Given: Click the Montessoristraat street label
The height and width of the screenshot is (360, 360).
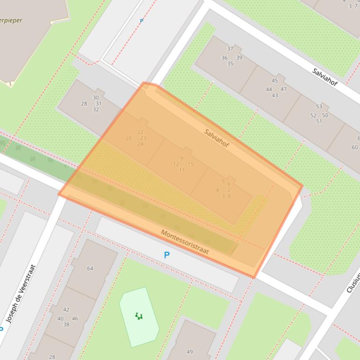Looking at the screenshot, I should click(x=184, y=242).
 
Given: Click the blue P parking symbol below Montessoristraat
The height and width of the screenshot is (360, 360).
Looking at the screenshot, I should click(x=166, y=255).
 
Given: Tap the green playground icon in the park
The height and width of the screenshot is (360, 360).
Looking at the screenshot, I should click(x=139, y=316).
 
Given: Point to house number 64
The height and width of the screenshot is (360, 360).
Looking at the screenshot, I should click(x=90, y=268).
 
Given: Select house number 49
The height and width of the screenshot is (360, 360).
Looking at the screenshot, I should click(x=190, y=352).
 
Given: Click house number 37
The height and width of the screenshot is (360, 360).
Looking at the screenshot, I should click(x=230, y=49).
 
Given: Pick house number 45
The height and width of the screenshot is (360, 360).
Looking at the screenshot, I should click(x=274, y=81).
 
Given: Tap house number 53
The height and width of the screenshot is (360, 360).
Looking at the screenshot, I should click(x=319, y=107).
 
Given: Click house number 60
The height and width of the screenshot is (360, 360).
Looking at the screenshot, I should click(x=354, y=147).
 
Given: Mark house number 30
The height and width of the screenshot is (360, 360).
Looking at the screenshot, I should click(x=96, y=98).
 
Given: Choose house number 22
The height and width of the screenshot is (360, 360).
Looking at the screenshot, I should click(x=140, y=132).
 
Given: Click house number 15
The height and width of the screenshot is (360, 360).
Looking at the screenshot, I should click(x=191, y=164).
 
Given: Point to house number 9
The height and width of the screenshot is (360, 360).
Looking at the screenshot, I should click(x=182, y=158).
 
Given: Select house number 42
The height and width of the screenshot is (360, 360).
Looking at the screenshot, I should click(x=66, y=310).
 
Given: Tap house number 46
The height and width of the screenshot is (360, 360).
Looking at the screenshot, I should click(x=75, y=318).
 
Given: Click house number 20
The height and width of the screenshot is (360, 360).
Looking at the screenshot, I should click(x=129, y=138).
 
